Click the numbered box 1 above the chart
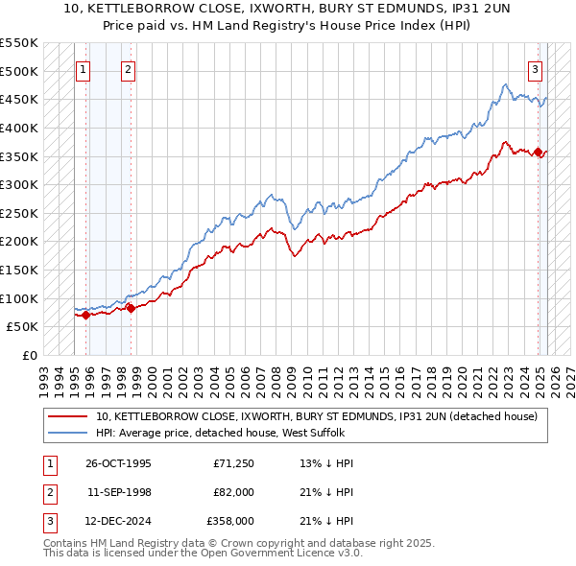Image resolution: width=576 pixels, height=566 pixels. [84, 68]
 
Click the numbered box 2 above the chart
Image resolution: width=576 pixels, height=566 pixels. [129, 68]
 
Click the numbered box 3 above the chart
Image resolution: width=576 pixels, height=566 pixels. [535, 68]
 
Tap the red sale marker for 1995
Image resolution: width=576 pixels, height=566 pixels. [86, 314]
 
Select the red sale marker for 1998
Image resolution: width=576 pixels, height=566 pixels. [132, 308]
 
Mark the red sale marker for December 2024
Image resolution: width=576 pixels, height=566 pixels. [539, 153]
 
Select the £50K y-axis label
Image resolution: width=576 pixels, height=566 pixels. [23, 327]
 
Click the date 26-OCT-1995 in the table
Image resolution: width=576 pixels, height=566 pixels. [118, 463]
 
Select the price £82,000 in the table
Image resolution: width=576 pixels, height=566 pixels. [234, 492]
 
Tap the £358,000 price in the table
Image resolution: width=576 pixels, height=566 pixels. [230, 521]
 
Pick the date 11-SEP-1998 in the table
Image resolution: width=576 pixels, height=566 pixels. [118, 492]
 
